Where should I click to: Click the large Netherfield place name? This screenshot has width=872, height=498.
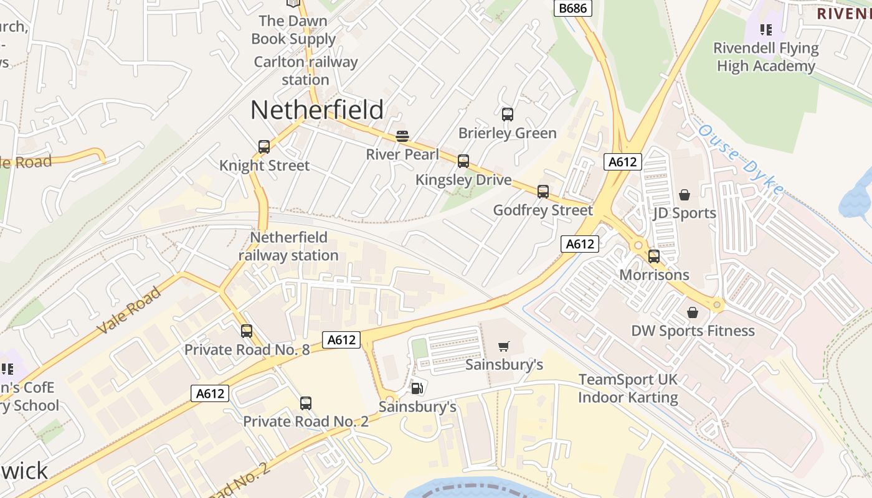[x=317, y=110]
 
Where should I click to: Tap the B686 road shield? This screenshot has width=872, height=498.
[x=572, y=8]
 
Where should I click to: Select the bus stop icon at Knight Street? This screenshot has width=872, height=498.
[x=264, y=147]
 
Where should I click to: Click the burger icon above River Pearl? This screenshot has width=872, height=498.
[x=402, y=136]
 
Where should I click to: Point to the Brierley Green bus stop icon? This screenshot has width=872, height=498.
[x=508, y=115]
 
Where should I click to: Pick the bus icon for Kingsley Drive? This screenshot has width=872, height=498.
[x=463, y=161]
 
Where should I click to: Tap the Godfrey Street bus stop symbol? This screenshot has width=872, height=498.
[x=543, y=192]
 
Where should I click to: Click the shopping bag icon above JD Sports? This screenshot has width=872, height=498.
[x=685, y=195]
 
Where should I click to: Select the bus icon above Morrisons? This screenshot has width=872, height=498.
[x=654, y=256]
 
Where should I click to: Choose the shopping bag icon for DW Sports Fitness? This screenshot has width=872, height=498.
[x=693, y=312]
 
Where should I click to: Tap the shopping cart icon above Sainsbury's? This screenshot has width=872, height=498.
[x=505, y=346]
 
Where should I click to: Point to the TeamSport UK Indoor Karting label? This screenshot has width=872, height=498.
[x=628, y=388]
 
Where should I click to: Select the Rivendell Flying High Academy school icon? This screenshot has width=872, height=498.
[x=766, y=29]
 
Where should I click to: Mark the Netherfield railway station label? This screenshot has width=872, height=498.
[x=288, y=247]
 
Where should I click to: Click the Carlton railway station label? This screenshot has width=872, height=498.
[x=306, y=71]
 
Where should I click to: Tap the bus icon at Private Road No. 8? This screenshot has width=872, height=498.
[x=247, y=331]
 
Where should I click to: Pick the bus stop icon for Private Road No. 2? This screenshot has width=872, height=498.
[x=305, y=403]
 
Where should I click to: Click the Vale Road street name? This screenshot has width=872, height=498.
[x=130, y=311]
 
